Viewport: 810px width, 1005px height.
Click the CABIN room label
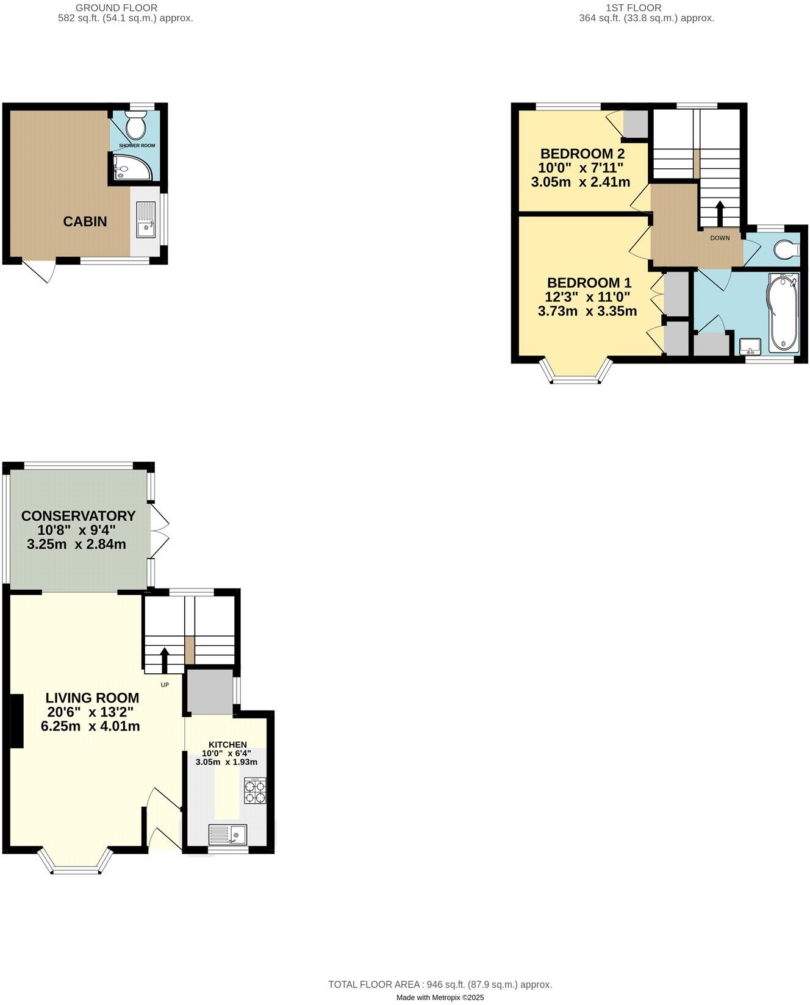pyautogui.click(x=85, y=222)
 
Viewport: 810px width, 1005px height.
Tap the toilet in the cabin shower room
pyautogui.click(x=135, y=126)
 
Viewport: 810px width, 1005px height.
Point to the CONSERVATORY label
pyautogui.click(x=78, y=516)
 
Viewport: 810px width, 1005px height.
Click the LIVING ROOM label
pyautogui.click(x=93, y=698)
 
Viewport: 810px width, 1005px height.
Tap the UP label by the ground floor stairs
pyautogui.click(x=165, y=685)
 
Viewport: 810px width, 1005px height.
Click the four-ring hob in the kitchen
pyautogui.click(x=256, y=790)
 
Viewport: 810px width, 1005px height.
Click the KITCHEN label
pyautogui.click(x=228, y=745)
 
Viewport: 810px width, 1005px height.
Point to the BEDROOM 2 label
pyautogui.click(x=582, y=154)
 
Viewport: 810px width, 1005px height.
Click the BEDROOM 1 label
pyautogui.click(x=589, y=283)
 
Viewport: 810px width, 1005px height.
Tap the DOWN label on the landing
pyautogui.click(x=720, y=238)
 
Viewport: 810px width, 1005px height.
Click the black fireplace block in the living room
pyautogui.click(x=16, y=721)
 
